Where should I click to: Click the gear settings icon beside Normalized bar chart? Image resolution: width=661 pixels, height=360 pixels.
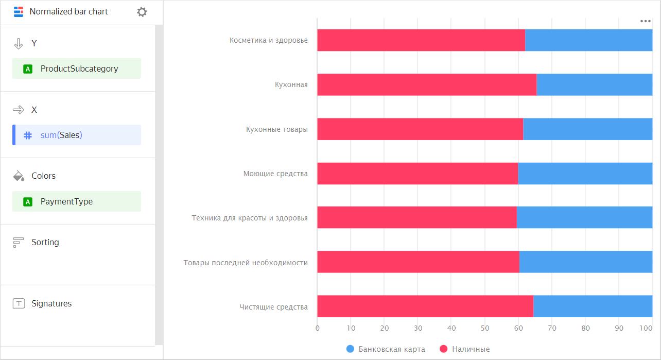[142, 12]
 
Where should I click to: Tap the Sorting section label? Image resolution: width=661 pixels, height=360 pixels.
[45, 242]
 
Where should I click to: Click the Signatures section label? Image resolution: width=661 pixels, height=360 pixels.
[51, 303]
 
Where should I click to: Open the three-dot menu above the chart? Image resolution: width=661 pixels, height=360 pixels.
[646, 21]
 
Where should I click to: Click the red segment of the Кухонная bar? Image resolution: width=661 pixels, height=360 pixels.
[426, 84]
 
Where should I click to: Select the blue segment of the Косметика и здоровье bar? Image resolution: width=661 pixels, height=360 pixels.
[588, 40]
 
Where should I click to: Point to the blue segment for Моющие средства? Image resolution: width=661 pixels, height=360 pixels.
[585, 174]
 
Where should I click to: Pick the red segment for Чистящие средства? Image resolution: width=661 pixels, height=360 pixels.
[425, 306]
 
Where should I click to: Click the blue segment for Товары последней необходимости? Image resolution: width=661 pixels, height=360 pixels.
[586, 262]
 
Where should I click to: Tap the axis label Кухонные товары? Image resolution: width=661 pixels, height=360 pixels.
[276, 129]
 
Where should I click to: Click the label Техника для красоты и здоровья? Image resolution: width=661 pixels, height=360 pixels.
[250, 218]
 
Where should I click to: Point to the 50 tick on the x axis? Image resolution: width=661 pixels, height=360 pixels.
[485, 328]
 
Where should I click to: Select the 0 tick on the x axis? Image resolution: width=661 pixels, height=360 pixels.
[317, 328]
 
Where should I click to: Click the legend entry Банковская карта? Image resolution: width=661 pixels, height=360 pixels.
[386, 349]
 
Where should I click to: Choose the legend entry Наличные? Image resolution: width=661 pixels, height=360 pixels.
[465, 349]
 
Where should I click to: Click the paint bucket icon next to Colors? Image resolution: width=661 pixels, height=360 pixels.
[19, 176]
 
